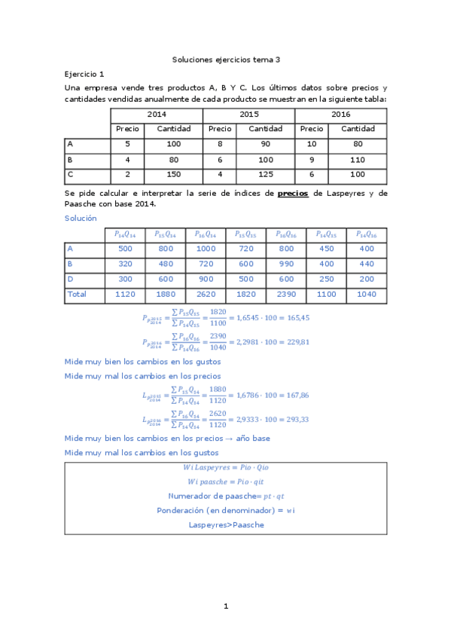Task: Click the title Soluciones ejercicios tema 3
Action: [x=226, y=59]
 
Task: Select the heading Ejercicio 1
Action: [x=84, y=74]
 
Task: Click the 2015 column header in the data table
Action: [x=248, y=114]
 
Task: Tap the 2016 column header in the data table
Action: [x=340, y=114]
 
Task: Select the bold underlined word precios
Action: [x=293, y=194]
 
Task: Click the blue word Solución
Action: [x=81, y=218]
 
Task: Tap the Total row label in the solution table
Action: [x=77, y=295]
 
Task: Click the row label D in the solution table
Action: [x=70, y=279]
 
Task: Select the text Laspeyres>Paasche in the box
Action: [x=226, y=524]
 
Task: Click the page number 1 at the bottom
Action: [x=226, y=607]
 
